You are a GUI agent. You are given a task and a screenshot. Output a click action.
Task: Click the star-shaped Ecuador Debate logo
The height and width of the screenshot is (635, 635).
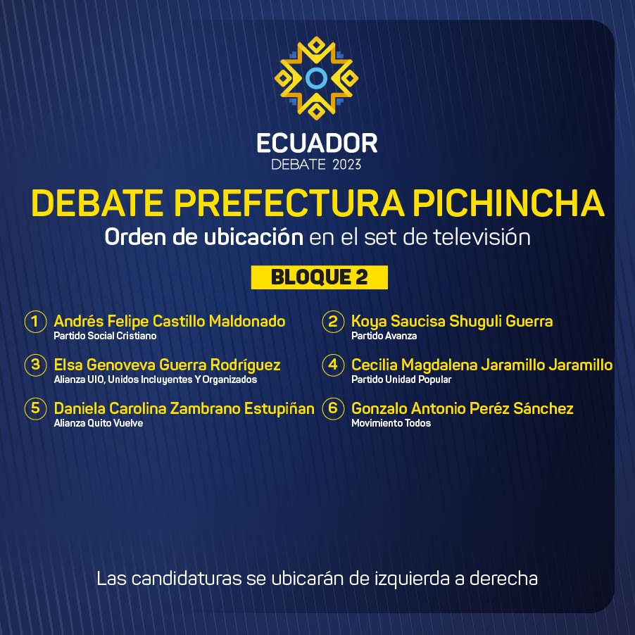click(316, 78)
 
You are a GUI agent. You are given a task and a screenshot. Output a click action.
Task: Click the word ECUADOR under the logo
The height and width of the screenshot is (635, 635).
click(317, 144)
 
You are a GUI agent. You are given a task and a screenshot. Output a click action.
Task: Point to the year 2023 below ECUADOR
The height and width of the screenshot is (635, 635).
click(346, 165)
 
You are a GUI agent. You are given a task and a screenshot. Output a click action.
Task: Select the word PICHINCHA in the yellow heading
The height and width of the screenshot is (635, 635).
click(509, 203)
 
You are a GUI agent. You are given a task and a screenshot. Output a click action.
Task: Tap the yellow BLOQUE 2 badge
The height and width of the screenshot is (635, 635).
click(320, 277)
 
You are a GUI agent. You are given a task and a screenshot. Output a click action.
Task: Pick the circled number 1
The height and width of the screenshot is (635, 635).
click(36, 322)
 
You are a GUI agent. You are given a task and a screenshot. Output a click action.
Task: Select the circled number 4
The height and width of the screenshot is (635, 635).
click(333, 365)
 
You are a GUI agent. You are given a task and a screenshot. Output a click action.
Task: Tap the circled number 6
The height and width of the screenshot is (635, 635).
click(333, 408)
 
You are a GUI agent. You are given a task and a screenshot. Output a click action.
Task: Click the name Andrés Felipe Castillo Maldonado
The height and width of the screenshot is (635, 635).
click(170, 321)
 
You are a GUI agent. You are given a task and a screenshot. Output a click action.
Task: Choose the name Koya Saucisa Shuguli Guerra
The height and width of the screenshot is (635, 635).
click(452, 321)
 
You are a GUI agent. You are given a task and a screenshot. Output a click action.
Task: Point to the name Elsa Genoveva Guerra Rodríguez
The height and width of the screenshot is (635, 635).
click(168, 365)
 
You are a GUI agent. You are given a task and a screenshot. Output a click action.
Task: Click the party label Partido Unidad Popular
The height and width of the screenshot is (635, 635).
click(401, 379)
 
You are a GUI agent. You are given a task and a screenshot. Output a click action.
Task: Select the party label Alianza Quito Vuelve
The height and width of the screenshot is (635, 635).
click(99, 423)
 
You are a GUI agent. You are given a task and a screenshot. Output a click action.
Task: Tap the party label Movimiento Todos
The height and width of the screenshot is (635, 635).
click(391, 423)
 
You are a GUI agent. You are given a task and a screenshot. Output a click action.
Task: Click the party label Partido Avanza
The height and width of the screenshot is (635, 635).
click(384, 336)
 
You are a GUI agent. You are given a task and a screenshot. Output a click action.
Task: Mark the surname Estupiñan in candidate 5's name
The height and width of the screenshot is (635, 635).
click(279, 408)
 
